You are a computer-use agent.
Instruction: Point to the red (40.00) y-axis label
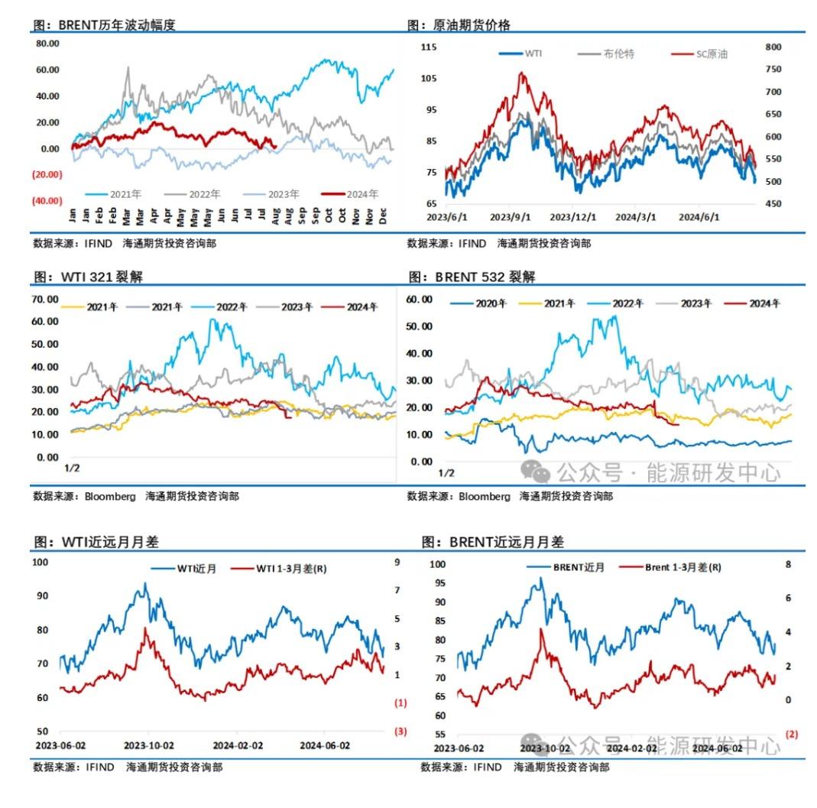pos(47,201)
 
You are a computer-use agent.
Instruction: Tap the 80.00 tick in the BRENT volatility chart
pos(48,44)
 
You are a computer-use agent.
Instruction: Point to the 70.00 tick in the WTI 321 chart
pos(45,299)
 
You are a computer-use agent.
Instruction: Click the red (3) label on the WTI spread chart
pos(400,732)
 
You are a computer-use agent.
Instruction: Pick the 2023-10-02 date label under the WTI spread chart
pos(149,745)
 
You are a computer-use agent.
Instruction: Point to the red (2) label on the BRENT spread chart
pos(792,734)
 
